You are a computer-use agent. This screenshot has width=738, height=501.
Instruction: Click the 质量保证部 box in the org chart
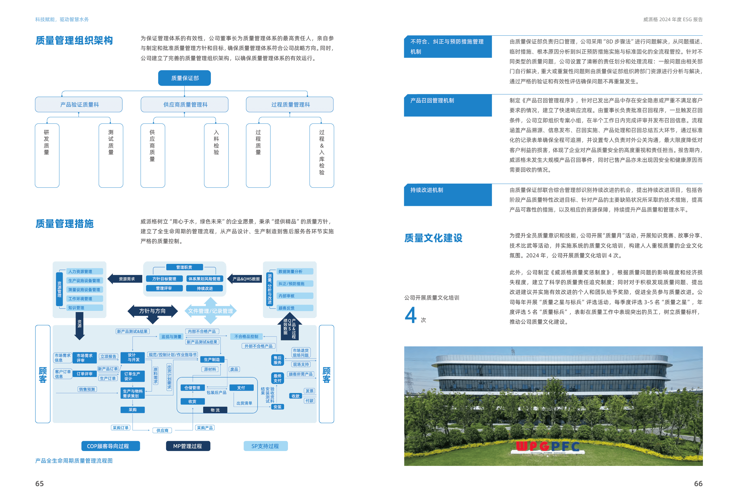184,78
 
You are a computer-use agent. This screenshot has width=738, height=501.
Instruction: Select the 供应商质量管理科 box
184,104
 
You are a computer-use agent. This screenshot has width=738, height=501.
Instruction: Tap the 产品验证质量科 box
79,104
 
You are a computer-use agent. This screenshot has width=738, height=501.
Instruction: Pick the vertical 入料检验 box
216,155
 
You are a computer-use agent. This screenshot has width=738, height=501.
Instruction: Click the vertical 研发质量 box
47,155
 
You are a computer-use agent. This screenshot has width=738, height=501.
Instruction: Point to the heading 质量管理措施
65,224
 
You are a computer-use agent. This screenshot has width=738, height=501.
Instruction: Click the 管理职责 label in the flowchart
184,267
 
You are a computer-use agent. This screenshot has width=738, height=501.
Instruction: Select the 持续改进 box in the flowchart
205,289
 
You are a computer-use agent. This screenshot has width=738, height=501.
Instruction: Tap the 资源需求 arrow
126,279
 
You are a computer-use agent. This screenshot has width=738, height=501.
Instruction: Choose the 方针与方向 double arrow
152,311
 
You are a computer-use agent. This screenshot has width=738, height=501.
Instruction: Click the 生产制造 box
212,359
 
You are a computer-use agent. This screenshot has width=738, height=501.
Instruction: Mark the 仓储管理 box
192,388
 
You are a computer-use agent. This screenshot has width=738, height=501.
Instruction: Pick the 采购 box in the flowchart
132,410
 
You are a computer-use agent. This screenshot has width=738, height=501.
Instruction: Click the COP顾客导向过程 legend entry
111,446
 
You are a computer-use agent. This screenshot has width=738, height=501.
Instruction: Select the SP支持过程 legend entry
265,446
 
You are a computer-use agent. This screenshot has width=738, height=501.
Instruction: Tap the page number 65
39,483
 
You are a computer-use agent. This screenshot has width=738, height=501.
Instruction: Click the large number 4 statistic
410,315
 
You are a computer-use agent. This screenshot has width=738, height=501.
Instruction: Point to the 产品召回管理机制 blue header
448,105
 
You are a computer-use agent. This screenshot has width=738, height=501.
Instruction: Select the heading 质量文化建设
433,238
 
